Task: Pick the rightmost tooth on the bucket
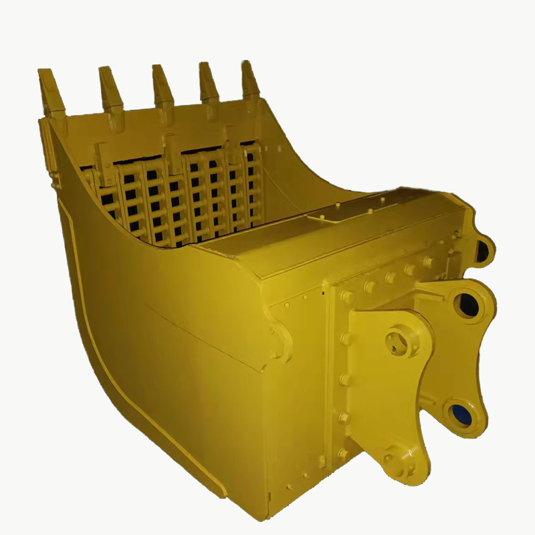[250, 80]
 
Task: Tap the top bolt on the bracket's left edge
[346, 296]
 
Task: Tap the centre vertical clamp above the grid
[174, 150]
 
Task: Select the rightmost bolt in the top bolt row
[427, 263]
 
